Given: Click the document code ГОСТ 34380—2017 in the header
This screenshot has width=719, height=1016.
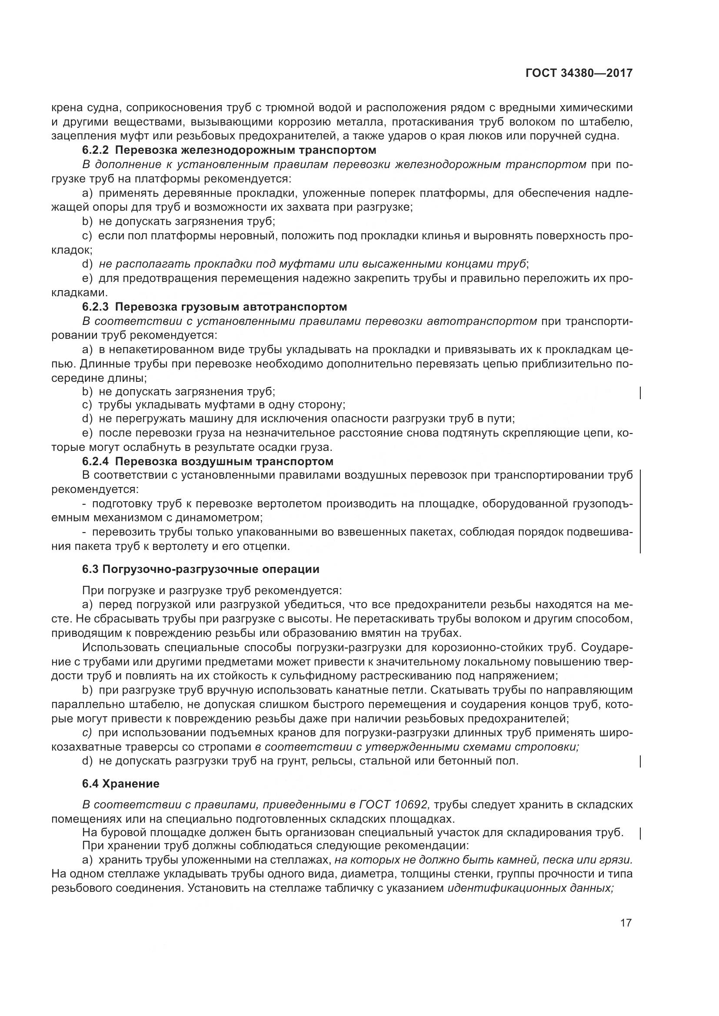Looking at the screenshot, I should (579, 73).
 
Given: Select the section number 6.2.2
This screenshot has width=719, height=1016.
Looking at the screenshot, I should (96, 150).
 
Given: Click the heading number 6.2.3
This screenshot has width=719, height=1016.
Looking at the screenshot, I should (96, 307).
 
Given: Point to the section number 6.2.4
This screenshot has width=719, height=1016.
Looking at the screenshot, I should (96, 462).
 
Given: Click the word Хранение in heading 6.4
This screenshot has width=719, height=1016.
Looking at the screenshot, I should (130, 784).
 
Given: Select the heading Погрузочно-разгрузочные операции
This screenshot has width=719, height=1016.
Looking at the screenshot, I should (211, 569).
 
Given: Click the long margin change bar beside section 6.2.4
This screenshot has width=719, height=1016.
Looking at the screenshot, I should (641, 511).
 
